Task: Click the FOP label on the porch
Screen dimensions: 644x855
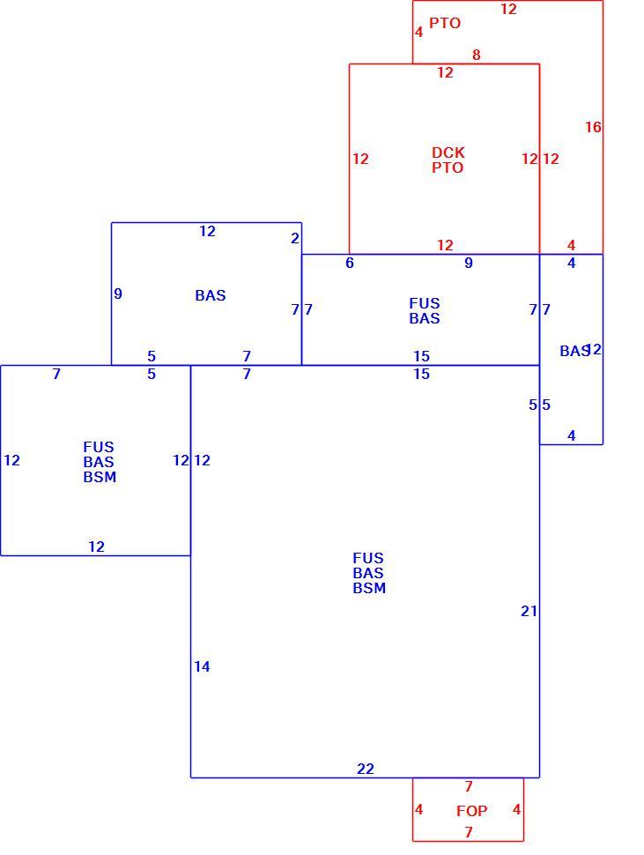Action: [x=471, y=811]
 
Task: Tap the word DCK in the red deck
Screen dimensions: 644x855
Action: [x=448, y=152]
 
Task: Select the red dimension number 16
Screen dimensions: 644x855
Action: [x=593, y=127]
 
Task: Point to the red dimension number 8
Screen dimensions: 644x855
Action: [x=477, y=55]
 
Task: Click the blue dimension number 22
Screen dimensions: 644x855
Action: [x=365, y=769]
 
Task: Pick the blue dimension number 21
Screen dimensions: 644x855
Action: [x=529, y=611]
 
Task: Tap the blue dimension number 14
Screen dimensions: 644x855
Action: [x=202, y=666]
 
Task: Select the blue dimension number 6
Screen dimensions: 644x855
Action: [x=349, y=263]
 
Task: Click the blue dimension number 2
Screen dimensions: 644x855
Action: [x=295, y=238]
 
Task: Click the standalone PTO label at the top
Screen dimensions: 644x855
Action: [x=445, y=23]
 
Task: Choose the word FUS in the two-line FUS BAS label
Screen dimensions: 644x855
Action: [x=425, y=303]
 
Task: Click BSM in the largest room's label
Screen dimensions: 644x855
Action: [x=369, y=588]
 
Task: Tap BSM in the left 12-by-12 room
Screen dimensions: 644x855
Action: [x=100, y=477]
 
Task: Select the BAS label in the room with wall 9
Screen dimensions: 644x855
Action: [x=211, y=295]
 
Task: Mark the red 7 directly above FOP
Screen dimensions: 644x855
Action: [x=468, y=786]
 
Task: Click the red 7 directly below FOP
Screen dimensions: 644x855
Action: [x=468, y=832]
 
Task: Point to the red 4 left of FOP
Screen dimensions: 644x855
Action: [x=418, y=809]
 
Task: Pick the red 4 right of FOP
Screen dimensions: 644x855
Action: [x=516, y=809]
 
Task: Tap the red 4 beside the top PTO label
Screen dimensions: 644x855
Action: [x=418, y=32]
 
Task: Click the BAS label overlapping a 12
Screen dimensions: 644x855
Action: [x=574, y=351]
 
